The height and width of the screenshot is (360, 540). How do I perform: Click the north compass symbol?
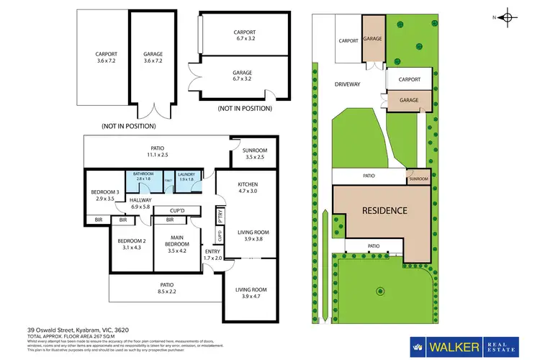(x=508, y=17)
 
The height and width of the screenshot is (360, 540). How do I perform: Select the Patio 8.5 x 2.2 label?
(x=166, y=289)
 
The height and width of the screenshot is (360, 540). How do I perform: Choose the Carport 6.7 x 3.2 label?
(x=244, y=36)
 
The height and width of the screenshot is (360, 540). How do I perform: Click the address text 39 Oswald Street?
(x=66, y=328)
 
